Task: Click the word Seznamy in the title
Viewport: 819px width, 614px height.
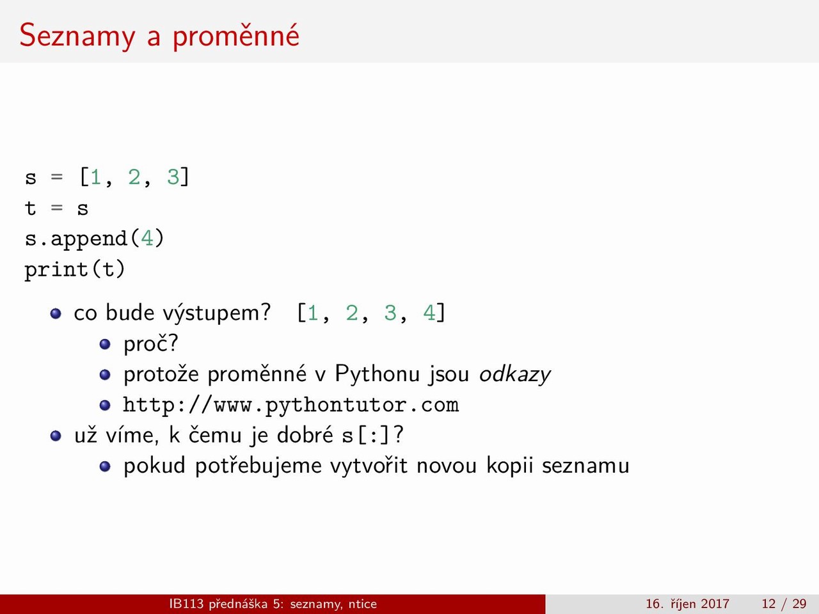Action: pos(77,36)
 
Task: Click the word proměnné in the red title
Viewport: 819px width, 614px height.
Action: pos(236,36)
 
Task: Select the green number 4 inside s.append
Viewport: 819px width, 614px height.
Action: pos(147,238)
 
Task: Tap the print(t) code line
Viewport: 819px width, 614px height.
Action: pos(75,269)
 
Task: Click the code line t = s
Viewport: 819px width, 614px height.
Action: pos(57,208)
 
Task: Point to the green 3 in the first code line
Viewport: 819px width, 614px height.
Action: pos(173,177)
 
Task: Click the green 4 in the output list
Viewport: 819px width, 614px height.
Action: pos(429,312)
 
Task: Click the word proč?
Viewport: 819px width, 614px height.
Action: pos(151,343)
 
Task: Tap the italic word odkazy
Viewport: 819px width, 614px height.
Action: pos(515,374)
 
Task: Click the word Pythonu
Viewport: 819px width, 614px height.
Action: pos(378,374)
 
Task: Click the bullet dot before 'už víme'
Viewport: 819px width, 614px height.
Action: pos(56,436)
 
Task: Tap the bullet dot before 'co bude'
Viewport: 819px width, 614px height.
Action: pos(56,313)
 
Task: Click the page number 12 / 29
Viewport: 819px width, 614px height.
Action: pos(784,604)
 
